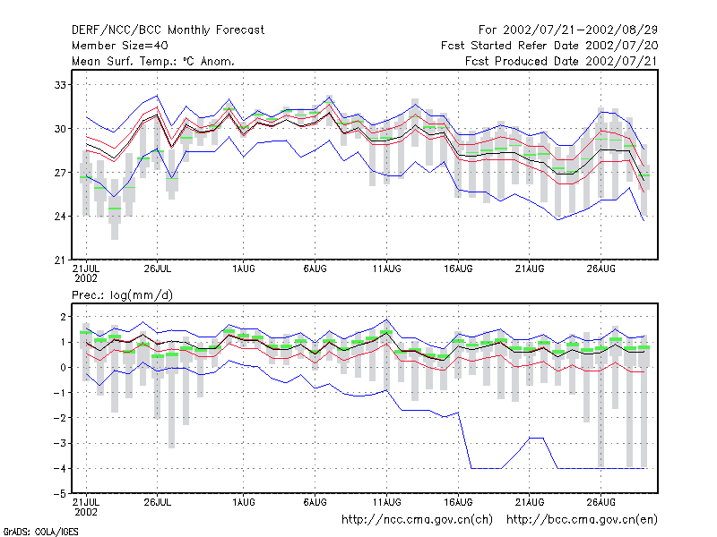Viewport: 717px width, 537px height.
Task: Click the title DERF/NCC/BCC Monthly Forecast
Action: click(168, 30)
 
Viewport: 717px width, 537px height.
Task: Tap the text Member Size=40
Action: click(120, 46)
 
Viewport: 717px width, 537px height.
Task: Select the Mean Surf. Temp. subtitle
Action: click(153, 61)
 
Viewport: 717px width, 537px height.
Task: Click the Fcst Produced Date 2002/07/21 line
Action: click(561, 61)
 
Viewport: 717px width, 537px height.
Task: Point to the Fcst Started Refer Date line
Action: click(549, 46)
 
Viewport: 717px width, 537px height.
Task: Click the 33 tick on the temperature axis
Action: click(60, 85)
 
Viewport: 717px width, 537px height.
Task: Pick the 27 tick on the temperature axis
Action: click(60, 173)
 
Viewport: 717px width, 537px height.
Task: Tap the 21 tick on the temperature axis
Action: click(60, 260)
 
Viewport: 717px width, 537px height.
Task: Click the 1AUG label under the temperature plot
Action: click(243, 268)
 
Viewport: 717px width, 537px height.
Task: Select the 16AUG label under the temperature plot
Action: click(458, 268)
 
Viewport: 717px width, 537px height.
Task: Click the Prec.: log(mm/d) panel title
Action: click(122, 295)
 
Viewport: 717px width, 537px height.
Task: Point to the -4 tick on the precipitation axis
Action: click(60, 468)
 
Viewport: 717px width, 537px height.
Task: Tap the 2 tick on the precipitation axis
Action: click(63, 317)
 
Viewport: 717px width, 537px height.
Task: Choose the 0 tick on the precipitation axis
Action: click(63, 368)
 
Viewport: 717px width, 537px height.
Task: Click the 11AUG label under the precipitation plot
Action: click(386, 502)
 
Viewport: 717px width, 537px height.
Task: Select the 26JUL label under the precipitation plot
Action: click(158, 502)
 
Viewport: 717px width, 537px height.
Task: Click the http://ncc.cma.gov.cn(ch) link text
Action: click(417, 520)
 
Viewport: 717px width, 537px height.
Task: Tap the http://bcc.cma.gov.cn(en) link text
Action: click(582, 520)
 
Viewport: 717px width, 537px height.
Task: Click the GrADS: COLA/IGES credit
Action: click(40, 532)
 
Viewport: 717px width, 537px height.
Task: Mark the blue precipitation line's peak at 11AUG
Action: click(387, 320)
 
